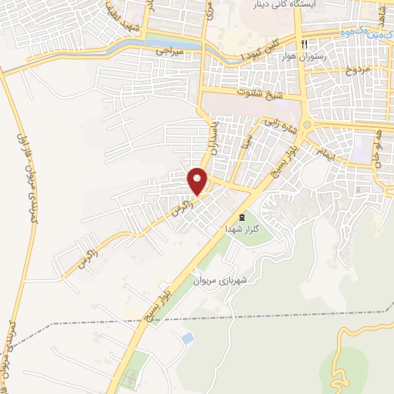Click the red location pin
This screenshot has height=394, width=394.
click(198, 181)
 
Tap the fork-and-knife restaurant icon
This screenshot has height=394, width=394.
click(306, 44)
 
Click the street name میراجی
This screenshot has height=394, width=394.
click(171, 52)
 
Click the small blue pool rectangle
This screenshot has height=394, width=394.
click(186, 338)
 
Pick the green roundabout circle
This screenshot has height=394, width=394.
click(306, 125)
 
